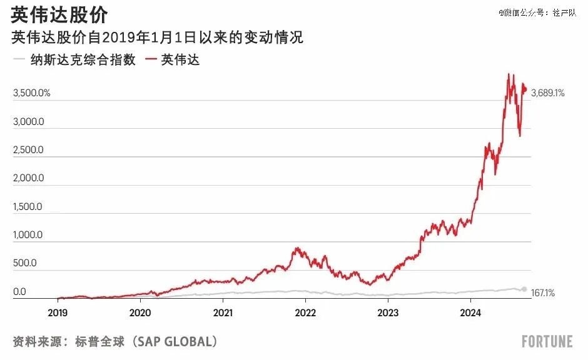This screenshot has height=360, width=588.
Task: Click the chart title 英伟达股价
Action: coord(59,15)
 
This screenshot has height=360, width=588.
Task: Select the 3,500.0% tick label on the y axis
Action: coord(31,93)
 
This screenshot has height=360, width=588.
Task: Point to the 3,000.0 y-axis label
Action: coord(29,122)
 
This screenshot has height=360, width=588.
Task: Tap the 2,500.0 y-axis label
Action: coord(29,150)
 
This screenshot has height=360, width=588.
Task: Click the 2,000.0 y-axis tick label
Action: coord(29,178)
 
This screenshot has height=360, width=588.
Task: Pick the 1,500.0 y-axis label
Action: coord(28,206)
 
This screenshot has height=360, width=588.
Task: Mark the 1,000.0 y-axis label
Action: coord(28,235)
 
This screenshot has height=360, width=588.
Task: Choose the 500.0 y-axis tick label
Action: coord(25,263)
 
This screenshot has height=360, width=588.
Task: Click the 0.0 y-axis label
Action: coord(19,291)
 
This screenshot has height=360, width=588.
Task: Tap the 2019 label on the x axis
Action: coord(58,312)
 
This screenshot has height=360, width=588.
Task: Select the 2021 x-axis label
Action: coord(223,312)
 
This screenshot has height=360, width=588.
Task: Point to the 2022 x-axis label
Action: coord(305,312)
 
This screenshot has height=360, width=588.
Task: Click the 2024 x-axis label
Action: coord(470,312)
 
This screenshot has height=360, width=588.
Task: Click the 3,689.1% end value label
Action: coord(548,93)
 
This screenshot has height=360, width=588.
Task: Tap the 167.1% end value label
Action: coord(542,293)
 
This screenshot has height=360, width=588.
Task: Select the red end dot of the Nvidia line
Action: coord(525,89)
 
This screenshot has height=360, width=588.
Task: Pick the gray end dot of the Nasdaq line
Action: coord(524,289)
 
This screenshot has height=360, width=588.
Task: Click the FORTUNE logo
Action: coord(547,341)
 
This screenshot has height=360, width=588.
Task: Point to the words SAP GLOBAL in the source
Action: coord(175,341)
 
